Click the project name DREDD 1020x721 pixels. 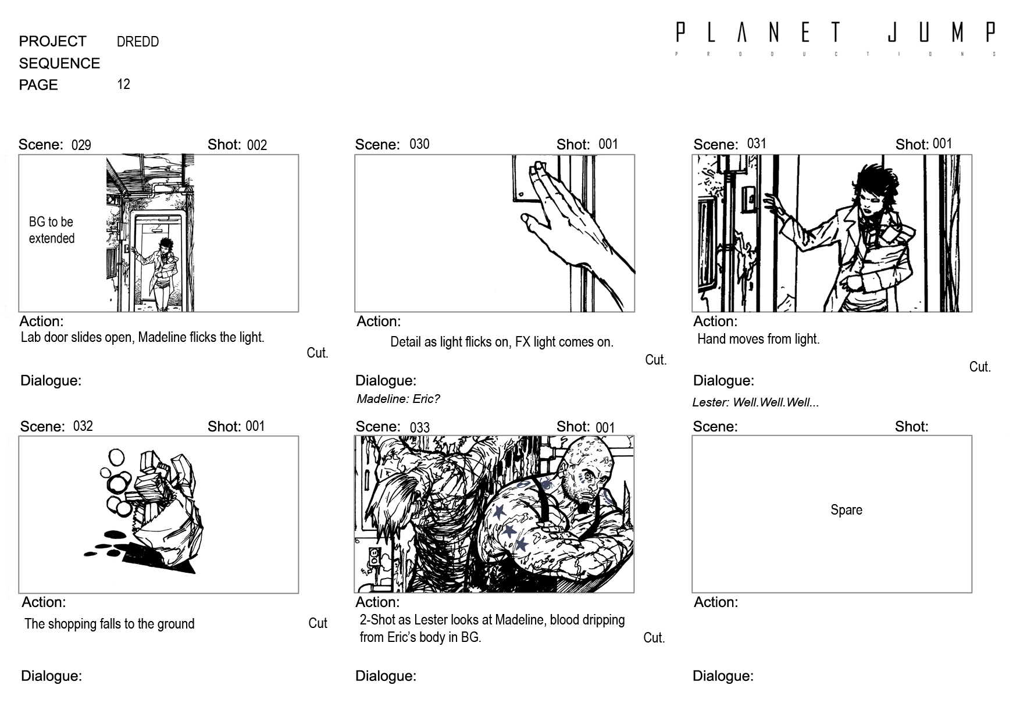pos(138,42)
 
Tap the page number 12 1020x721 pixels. pos(123,84)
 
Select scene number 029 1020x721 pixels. pos(81,145)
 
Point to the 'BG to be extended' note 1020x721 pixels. pos(52,230)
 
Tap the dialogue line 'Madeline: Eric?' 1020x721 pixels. pos(398,399)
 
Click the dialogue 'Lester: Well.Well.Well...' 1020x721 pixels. pos(755,402)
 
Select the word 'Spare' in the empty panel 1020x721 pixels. pos(846,510)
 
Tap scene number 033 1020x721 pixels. pos(420,428)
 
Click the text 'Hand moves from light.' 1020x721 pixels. pos(758,339)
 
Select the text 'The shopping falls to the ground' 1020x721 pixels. pos(109,624)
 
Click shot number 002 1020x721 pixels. pos(257,145)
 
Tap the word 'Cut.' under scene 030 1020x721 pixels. pos(655,360)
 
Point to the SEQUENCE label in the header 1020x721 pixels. pos(59,63)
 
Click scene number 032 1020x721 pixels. pos(83,426)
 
